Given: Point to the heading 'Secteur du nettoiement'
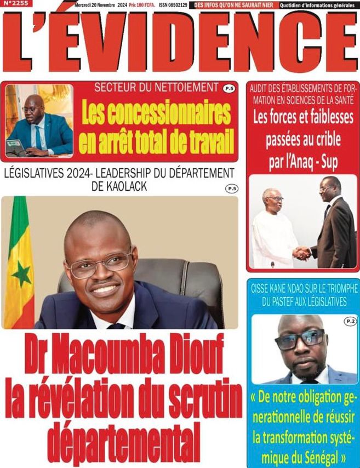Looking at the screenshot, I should [156, 87].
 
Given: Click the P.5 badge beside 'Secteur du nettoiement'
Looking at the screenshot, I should [230, 88].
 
